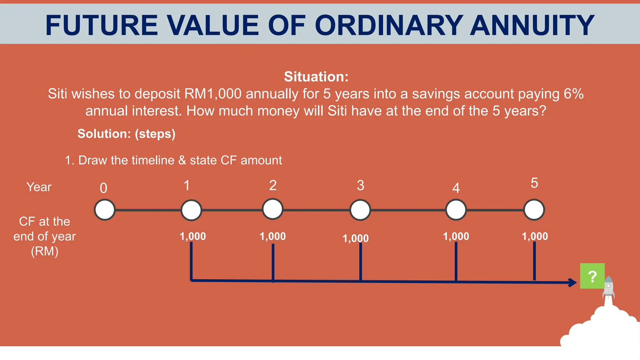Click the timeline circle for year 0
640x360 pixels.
(105, 210)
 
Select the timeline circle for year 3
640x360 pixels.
(360, 210)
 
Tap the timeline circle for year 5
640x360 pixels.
(534, 210)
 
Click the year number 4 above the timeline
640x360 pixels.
(456, 188)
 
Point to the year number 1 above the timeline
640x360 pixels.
(187, 185)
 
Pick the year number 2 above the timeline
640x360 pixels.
(273, 185)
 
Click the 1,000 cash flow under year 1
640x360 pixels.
(193, 236)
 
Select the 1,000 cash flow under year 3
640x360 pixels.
(356, 238)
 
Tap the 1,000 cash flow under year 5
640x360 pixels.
(535, 236)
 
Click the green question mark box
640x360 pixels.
(592, 276)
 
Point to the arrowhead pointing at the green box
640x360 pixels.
(572, 282)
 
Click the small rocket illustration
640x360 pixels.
(608, 287)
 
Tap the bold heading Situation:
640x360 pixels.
(316, 77)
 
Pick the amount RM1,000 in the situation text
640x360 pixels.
(213, 94)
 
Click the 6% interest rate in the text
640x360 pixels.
(573, 94)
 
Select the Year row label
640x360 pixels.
(39, 187)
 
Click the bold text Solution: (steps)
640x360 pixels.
(126, 134)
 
